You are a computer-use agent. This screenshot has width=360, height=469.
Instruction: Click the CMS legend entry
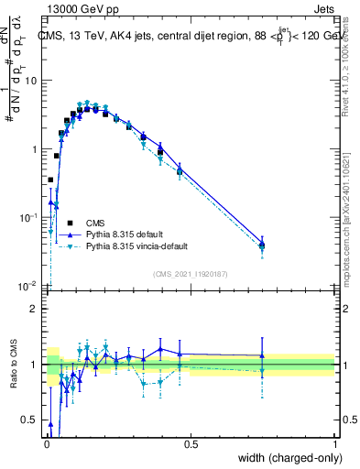point(95,223)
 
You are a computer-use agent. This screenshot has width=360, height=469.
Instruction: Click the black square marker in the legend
point(67,223)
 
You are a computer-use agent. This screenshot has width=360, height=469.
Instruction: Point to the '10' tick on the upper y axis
point(32,81)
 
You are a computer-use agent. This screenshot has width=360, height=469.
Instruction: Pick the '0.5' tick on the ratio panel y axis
point(30,420)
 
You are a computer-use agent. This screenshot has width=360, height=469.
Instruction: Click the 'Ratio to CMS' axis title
point(12,365)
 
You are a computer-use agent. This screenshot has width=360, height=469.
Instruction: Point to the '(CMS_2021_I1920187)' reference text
point(190,273)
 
